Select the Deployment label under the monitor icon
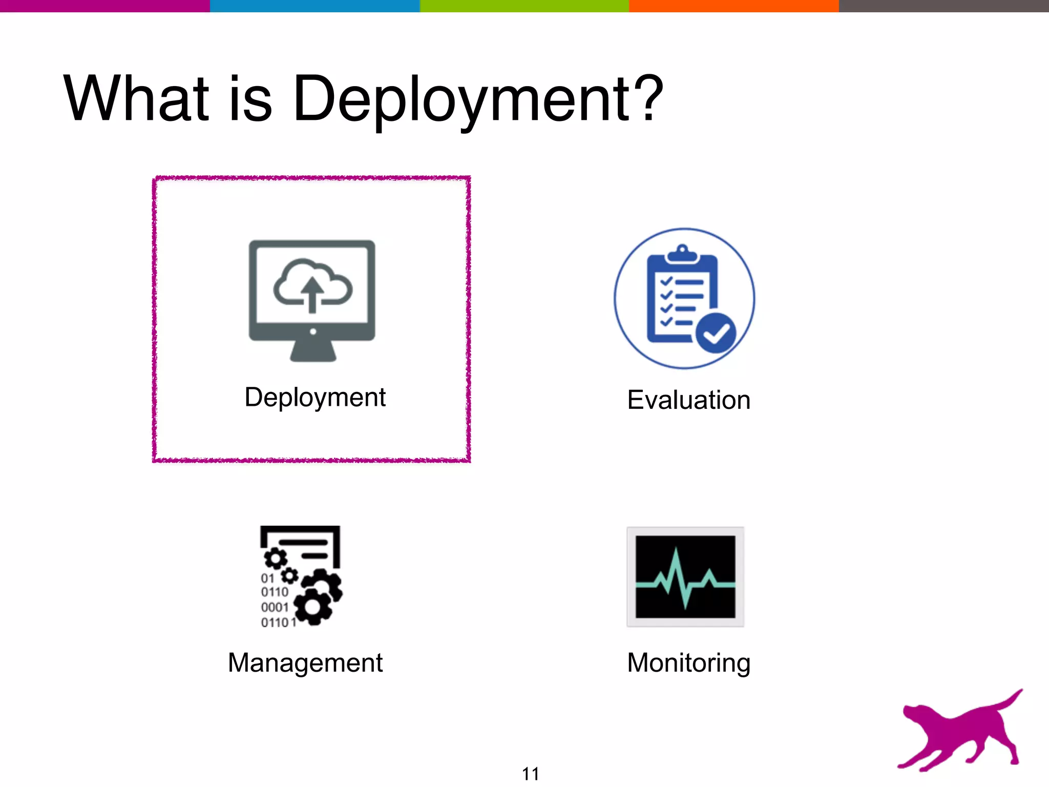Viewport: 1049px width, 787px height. pos(315,398)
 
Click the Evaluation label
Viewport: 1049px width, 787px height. pos(688,400)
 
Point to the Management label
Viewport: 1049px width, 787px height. pos(305,662)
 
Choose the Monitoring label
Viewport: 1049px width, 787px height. pos(688,662)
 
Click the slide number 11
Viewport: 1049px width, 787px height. pos(530,774)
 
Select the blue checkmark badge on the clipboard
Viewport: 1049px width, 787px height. pos(716,333)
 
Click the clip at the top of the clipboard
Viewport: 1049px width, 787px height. pos(682,253)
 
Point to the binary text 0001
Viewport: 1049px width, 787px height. pos(275,607)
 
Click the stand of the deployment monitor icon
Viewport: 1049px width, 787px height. pos(312,353)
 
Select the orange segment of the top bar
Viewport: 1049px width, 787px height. pos(733,6)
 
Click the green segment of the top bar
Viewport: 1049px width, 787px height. pos(524,6)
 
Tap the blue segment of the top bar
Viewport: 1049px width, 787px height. pos(314,6)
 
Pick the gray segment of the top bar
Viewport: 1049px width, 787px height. pos(943,6)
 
